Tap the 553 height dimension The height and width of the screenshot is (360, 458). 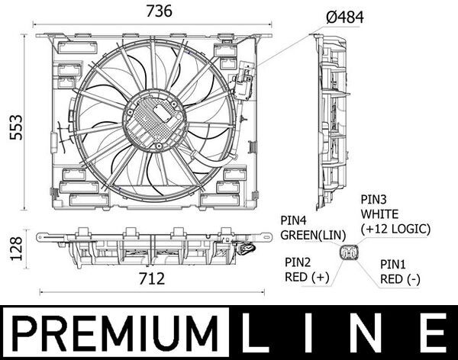tap(13, 126)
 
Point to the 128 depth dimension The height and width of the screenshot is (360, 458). tap(13, 246)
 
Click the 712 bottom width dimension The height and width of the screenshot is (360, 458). tap(153, 279)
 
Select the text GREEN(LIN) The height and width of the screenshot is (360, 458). tap(314, 235)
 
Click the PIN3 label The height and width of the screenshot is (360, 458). tap(374, 198)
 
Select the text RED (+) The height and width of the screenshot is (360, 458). tap(305, 278)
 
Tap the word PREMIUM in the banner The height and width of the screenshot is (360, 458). tap(112, 334)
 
